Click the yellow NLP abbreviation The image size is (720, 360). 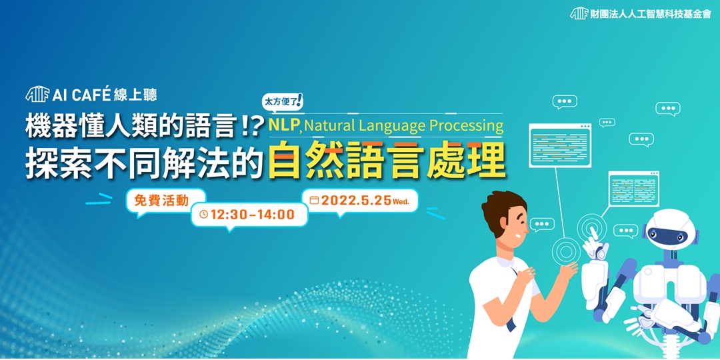pyautogui.click(x=283, y=125)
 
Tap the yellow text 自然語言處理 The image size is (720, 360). pyautogui.click(x=386, y=161)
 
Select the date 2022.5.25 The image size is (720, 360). pyautogui.click(x=356, y=200)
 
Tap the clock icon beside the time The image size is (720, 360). pyautogui.click(x=204, y=215)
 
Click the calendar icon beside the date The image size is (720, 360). pyautogui.click(x=314, y=200)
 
